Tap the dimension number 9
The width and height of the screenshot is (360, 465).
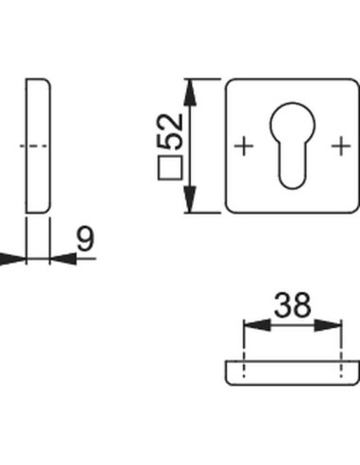pyautogui.click(x=85, y=241)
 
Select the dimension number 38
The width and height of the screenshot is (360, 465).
pyautogui.click(x=293, y=305)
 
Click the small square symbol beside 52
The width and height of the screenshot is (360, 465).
pyautogui.click(x=171, y=171)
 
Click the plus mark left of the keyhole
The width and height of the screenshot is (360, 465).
pyautogui.click(x=245, y=146)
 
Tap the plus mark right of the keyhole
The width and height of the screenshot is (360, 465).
pyautogui.click(x=340, y=146)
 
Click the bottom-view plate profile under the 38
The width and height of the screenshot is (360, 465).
pyautogui.click(x=293, y=372)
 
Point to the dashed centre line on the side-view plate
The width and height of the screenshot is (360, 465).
pyautogui.click(x=35, y=146)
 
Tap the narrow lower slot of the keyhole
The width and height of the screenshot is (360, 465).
pyautogui.click(x=293, y=170)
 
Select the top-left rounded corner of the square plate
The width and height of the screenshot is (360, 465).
pyautogui.click(x=231, y=84)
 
